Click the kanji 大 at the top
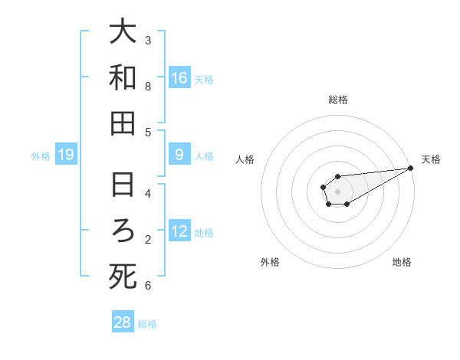pyautogui.click(x=123, y=32)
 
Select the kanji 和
pyautogui.click(x=123, y=77)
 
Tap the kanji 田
pyautogui.click(x=123, y=123)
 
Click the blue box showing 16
pyautogui.click(x=179, y=77)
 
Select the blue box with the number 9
pyautogui.click(x=179, y=155)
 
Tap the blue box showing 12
pyautogui.click(x=179, y=232)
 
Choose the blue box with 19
pyautogui.click(x=66, y=155)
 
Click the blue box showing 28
pyautogui.click(x=123, y=322)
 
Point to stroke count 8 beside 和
pyautogui.click(x=148, y=87)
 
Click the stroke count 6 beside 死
pyautogui.click(x=148, y=286)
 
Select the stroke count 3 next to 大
pyautogui.click(x=148, y=40)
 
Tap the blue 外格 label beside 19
pyautogui.click(x=41, y=156)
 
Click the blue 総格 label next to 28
pyautogui.click(x=147, y=323)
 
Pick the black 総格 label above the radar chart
pyautogui.click(x=338, y=100)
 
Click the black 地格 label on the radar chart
pyautogui.click(x=402, y=262)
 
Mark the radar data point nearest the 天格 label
pyautogui.click(x=411, y=168)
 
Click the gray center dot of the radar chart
pyautogui.click(x=337, y=190)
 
